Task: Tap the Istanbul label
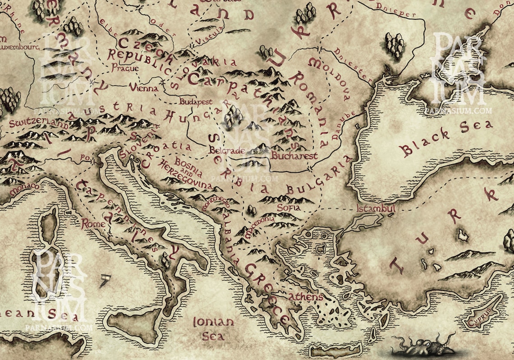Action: coord(376,209)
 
